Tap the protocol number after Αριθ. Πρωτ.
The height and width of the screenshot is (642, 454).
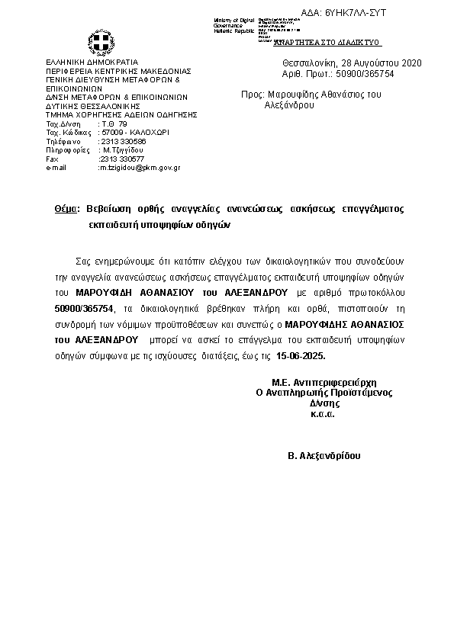click(370, 73)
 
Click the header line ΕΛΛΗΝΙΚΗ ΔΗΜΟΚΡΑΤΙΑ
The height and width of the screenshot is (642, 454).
click(92, 61)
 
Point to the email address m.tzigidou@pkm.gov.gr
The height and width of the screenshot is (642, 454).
click(139, 167)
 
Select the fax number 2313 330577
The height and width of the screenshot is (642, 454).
click(122, 159)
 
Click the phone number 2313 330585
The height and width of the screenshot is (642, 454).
click(123, 142)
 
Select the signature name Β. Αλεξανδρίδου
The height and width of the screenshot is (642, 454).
click(324, 455)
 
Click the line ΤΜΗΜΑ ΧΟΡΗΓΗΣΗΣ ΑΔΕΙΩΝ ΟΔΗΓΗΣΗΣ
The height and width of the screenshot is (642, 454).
click(121, 114)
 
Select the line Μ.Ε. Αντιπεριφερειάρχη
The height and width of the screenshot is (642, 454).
click(324, 382)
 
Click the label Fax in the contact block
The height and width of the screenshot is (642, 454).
click(53, 159)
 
